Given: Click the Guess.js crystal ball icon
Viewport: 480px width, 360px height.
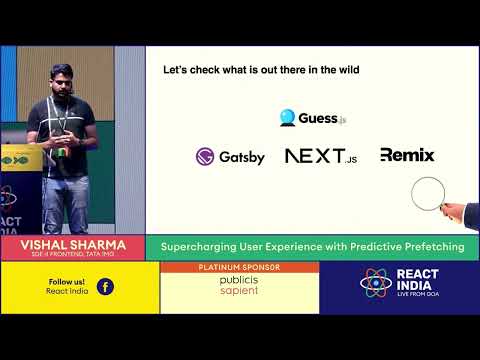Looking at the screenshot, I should [x=289, y=118].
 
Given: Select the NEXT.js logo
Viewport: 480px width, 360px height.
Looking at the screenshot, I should [x=320, y=156].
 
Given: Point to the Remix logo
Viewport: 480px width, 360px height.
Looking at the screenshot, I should [x=406, y=155].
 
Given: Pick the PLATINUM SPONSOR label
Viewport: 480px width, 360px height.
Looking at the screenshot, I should [x=239, y=268].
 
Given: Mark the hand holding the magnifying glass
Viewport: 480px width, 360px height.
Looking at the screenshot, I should [x=454, y=211].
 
